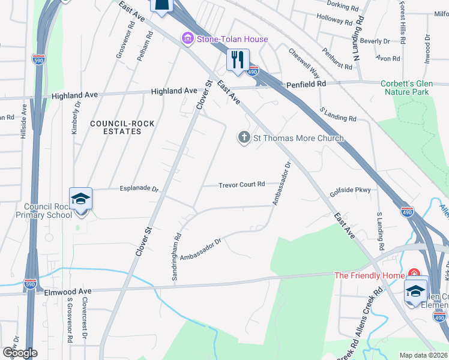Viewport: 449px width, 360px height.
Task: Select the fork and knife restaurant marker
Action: [x=238, y=60]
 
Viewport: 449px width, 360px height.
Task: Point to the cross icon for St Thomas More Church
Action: [x=244, y=138]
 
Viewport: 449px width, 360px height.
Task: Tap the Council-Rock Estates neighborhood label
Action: [x=122, y=127]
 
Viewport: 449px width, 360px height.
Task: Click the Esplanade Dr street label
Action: [x=139, y=188]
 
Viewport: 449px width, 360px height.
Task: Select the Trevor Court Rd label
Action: [x=241, y=184]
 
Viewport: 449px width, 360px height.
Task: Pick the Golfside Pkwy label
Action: [x=351, y=191]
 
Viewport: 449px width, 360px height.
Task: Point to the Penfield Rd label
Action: [x=306, y=84]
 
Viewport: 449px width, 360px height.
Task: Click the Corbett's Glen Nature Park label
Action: [x=415, y=88]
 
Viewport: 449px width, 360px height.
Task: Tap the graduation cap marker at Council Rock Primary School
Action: [x=80, y=199]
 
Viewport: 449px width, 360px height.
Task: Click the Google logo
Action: [x=20, y=353]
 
